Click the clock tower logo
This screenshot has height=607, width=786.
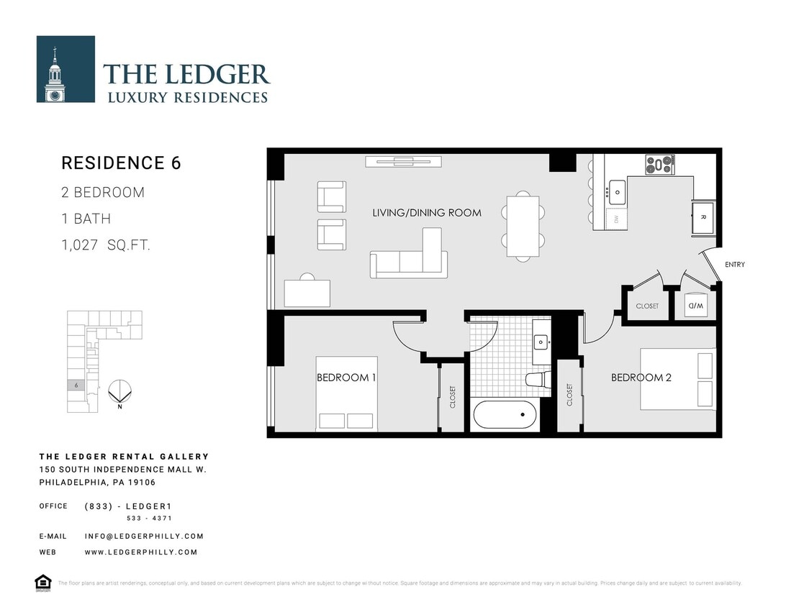pos(65,69)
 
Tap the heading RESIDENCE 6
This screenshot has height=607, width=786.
pos(121,163)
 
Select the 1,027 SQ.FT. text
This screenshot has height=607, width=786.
pos(106,245)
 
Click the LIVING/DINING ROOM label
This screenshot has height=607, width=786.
pos(427,213)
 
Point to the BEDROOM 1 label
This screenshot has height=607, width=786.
pos(346,378)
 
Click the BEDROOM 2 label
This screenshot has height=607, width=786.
pos(641,378)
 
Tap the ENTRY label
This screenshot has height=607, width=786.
pos(734,265)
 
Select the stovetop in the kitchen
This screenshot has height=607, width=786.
pos(659,165)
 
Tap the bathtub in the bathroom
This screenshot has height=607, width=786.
pos(505,416)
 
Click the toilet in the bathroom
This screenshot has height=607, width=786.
pos(537,379)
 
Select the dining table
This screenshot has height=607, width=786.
pos(523,227)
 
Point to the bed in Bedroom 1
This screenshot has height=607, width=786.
pos(346,394)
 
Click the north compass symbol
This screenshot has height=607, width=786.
pos(119,393)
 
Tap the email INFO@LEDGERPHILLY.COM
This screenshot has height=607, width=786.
pos(144,537)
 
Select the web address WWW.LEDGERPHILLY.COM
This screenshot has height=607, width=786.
pos(141,552)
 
